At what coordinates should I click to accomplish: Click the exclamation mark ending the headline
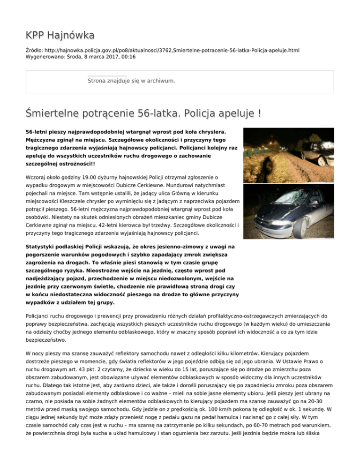click(259, 113)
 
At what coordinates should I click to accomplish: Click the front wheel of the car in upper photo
click(321, 161)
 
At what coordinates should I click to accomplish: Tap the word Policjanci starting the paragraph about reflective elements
click(41, 316)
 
